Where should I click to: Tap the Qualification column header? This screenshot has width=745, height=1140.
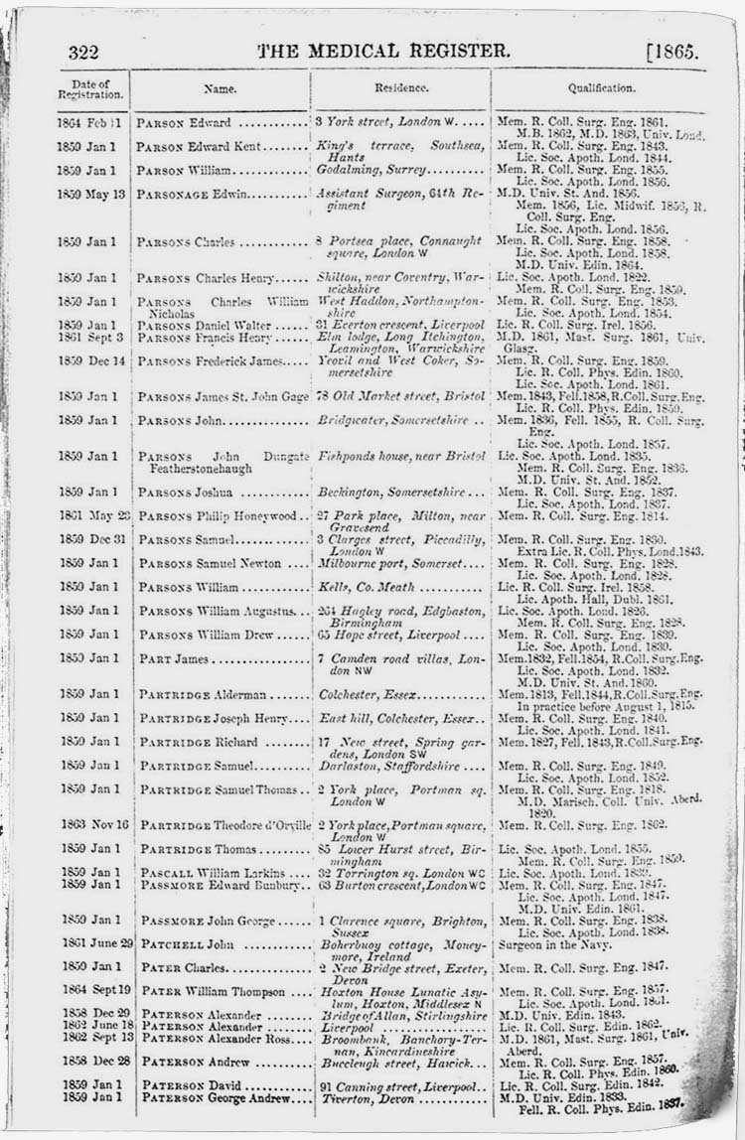pyautogui.click(x=601, y=87)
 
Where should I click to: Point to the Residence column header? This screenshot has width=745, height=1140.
pyautogui.click(x=401, y=87)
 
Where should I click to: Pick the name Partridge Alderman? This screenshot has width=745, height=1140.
pyautogui.click(x=199, y=695)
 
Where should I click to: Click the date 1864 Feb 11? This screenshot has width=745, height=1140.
pyautogui.click(x=90, y=123)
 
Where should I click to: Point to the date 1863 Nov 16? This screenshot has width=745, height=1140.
pyautogui.click(x=90, y=824)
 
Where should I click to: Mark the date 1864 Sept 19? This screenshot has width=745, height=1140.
pyautogui.click(x=90, y=991)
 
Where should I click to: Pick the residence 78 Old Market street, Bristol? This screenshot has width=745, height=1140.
pyautogui.click(x=400, y=396)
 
